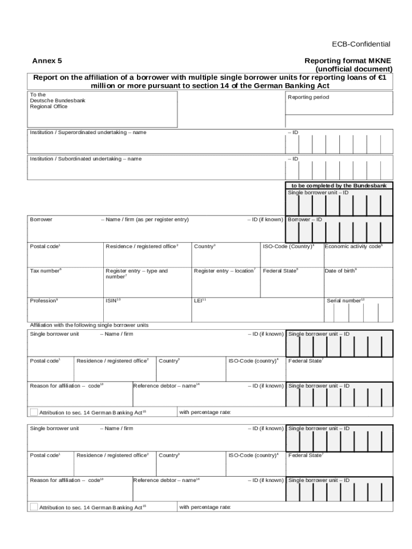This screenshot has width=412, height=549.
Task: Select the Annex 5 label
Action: coord(47,61)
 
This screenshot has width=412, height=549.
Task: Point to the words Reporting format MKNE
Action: coord(348,61)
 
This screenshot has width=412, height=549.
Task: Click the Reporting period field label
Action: coord(308,97)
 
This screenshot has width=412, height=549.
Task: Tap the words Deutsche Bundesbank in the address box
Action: coord(57,100)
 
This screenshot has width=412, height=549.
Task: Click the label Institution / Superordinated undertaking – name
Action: coord(88,132)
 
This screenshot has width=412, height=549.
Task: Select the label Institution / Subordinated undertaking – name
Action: coord(86,159)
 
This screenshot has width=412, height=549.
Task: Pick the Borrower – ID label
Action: coord(305,219)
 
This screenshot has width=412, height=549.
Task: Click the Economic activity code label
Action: coord(354,246)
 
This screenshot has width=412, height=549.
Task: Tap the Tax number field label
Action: coord(45,271)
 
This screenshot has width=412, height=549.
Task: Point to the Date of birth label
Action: coord(341,271)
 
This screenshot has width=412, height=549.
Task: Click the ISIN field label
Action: coord(113,300)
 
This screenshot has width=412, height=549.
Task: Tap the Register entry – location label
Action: coord(225,271)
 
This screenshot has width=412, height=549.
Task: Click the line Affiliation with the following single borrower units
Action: coord(89,325)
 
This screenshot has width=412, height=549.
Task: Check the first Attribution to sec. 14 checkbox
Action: coord(34,412)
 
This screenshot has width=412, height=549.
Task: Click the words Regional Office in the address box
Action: coord(49,106)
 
